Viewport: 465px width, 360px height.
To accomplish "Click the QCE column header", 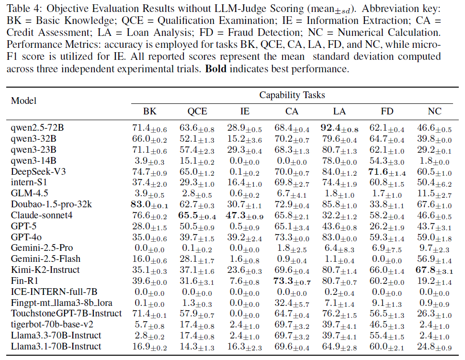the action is click(x=197, y=111).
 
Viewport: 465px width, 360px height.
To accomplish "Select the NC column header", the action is click(x=434, y=111).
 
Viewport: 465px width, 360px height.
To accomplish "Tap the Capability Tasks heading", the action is click(x=292, y=95).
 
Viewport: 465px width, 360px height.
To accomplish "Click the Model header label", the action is click(x=24, y=101).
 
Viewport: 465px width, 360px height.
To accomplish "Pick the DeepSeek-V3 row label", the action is click(x=38, y=171).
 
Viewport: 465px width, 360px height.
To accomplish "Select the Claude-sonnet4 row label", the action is click(x=42, y=215).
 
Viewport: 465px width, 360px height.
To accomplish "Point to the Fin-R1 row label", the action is click(x=24, y=281).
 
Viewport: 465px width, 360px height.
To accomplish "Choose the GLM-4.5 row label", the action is click(x=29, y=193).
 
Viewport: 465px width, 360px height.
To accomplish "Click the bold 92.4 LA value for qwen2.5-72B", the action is click(x=340, y=128).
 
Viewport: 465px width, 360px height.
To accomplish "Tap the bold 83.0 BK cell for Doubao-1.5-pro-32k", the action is click(x=149, y=204).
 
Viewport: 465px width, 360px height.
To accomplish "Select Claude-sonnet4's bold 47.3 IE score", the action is click(x=245, y=215).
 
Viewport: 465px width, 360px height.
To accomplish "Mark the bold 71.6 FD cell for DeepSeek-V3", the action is click(x=387, y=172).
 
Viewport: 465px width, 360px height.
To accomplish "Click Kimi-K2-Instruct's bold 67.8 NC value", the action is click(x=434, y=270).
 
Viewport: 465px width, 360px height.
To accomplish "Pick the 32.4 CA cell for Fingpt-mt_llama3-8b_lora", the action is click(x=292, y=303).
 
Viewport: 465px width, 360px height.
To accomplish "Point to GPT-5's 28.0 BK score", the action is click(x=149, y=226).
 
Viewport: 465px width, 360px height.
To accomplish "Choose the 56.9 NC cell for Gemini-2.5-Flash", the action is click(x=434, y=259).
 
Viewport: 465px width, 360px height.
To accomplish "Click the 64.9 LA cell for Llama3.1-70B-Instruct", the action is click(x=340, y=347).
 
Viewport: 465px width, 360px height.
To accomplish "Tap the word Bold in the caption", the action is click(x=215, y=69).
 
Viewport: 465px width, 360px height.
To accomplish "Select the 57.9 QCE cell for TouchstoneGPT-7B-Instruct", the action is click(x=197, y=314).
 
